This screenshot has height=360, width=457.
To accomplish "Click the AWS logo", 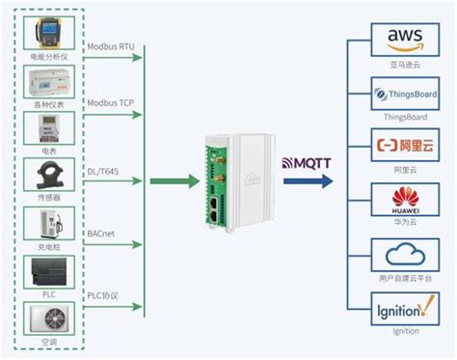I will [404, 39].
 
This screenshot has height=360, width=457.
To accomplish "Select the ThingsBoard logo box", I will [404, 95].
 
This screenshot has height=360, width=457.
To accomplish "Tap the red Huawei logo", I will [404, 202].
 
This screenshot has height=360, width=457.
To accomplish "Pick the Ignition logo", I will [404, 312].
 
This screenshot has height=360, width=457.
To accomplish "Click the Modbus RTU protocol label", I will [112, 45].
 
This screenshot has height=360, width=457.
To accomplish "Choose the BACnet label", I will [102, 233].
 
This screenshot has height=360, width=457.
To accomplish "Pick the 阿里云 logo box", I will [404, 148].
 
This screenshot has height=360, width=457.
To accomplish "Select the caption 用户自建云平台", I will [404, 278].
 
